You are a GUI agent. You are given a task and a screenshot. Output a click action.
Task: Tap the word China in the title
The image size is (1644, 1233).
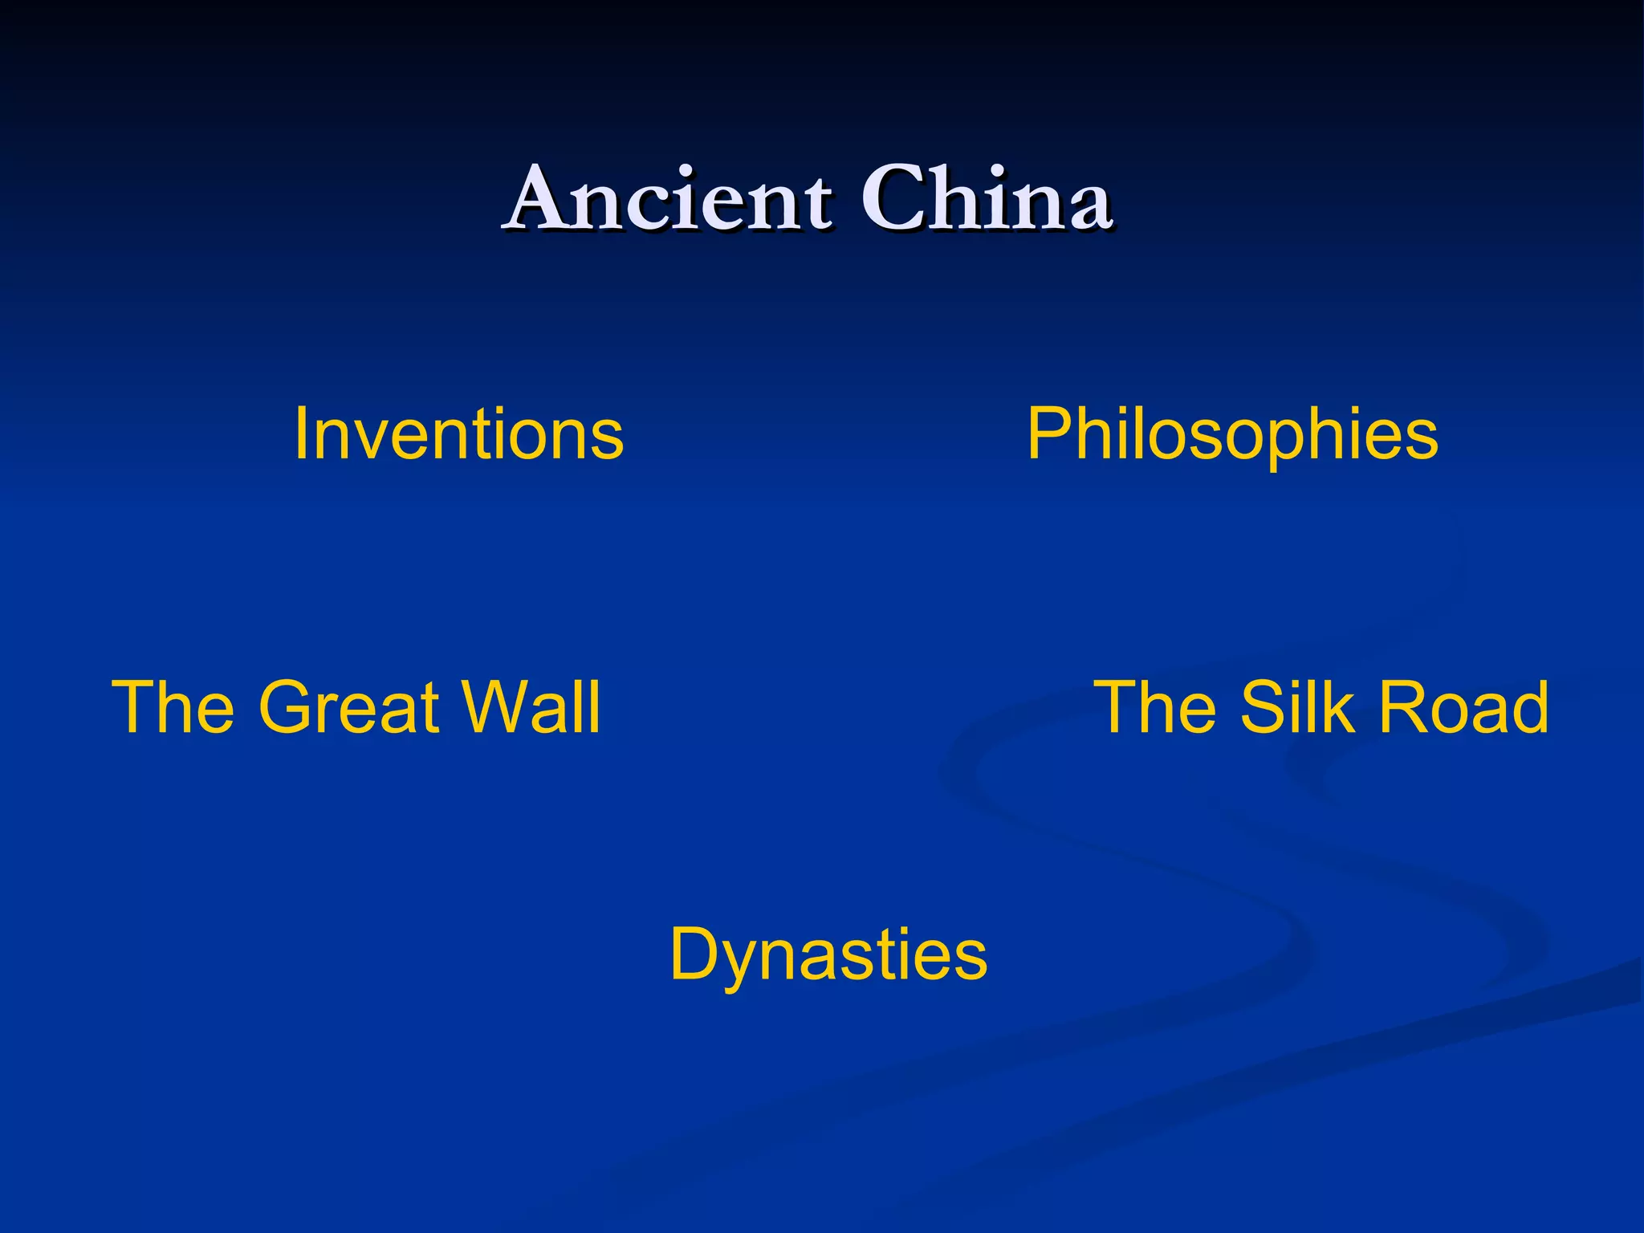pyautogui.click(x=987, y=198)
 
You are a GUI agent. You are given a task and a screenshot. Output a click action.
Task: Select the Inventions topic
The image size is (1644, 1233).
pyautogui.click(x=458, y=434)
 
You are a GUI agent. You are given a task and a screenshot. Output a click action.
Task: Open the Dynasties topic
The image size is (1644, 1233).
pyautogui.click(x=828, y=955)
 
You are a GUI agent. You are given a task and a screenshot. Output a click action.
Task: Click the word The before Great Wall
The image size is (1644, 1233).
pyautogui.click(x=173, y=707)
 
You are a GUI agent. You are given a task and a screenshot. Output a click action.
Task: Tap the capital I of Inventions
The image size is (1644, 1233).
pyautogui.click(x=302, y=434)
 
